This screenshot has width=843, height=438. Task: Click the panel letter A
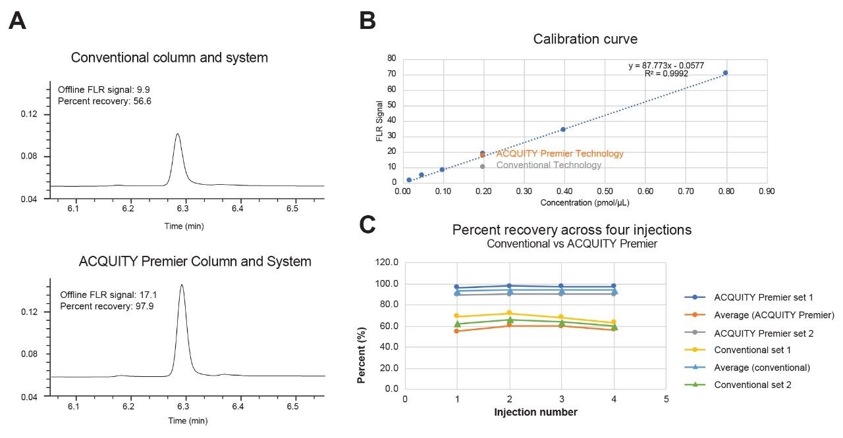18,21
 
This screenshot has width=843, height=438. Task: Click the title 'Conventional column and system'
169,57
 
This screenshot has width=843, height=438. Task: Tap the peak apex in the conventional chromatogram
177,134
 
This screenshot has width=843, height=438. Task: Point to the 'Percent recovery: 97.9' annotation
107,306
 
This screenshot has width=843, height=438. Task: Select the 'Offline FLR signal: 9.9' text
105,89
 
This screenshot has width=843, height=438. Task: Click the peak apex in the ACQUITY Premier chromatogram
182,285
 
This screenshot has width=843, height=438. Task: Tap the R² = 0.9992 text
666,74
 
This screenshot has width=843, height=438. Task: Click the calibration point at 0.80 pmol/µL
725,73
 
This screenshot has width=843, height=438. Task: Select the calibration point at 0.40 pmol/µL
563,130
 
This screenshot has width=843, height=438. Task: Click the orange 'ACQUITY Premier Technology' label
559,154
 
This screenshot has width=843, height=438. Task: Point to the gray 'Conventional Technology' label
548,165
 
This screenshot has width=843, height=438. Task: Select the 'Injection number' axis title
535,412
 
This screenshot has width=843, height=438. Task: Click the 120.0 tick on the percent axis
386,262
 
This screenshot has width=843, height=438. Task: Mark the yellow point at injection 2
509,313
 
